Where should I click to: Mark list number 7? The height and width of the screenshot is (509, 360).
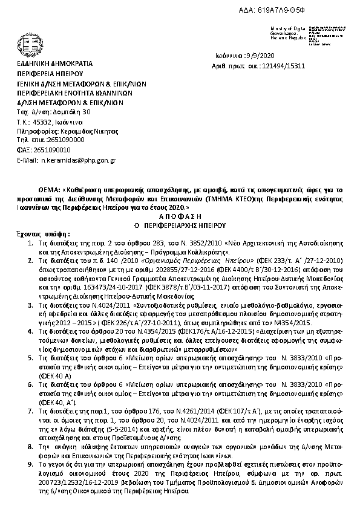31,410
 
